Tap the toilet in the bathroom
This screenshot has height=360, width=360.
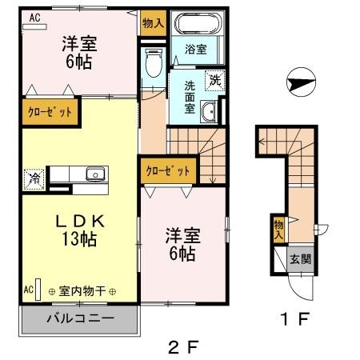tap(154, 61)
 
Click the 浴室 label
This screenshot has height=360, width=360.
tap(195, 50)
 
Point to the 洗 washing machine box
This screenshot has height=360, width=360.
tap(214, 79)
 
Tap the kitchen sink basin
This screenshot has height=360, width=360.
tap(95, 174)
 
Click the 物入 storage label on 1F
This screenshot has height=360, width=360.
tap(278, 230)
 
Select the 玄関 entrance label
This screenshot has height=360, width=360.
tap(301, 258)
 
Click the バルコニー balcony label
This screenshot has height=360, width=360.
tap(78, 318)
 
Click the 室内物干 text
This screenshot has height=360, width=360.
tap(82, 290)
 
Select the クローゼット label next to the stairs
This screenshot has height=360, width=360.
tap(168, 170)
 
